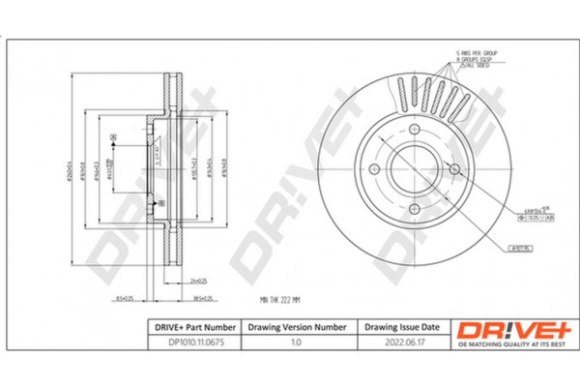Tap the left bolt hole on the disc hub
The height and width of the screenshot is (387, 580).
click(373, 170)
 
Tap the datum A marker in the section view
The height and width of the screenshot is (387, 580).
click(114, 139)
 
